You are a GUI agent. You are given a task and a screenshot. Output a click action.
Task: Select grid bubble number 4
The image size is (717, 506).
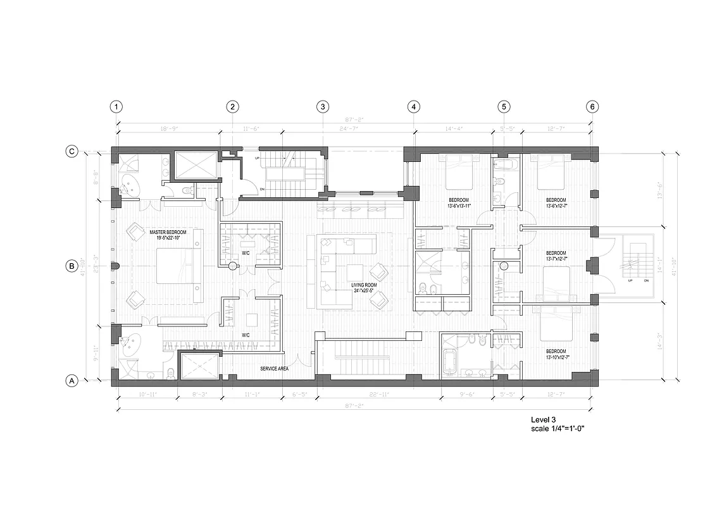click(414, 107)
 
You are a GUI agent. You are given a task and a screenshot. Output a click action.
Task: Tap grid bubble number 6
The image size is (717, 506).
click(592, 107)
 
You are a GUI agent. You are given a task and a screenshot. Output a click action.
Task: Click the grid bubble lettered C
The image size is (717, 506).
click(72, 151)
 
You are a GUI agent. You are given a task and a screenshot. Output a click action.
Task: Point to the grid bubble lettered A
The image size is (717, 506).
click(72, 381)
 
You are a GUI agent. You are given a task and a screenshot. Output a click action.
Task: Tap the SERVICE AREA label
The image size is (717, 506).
click(275, 368)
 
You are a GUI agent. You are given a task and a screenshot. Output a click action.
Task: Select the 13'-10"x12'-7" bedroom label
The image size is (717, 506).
click(557, 354)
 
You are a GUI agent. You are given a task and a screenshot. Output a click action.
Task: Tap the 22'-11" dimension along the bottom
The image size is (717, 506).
click(378, 395)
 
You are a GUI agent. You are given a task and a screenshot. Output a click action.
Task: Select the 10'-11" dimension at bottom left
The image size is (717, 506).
click(146, 395)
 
